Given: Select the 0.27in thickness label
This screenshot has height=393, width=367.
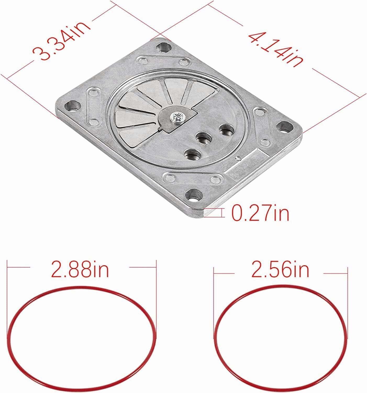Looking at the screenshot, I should click(x=260, y=213).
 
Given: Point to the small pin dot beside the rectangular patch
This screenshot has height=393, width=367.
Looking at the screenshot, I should click(x=237, y=158).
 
